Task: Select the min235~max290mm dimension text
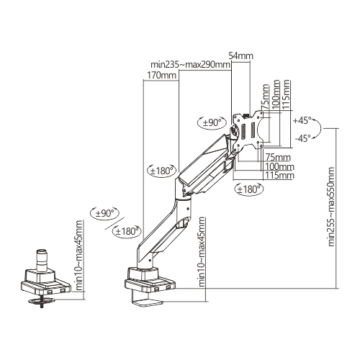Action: point(186,64)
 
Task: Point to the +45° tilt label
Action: point(302,120)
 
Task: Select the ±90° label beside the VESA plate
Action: point(212,123)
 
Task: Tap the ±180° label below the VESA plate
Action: point(249,189)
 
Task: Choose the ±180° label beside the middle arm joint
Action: point(161,171)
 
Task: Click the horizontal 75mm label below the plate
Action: point(278,157)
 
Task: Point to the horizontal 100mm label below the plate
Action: point(279,166)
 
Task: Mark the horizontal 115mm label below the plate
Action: point(279,175)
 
